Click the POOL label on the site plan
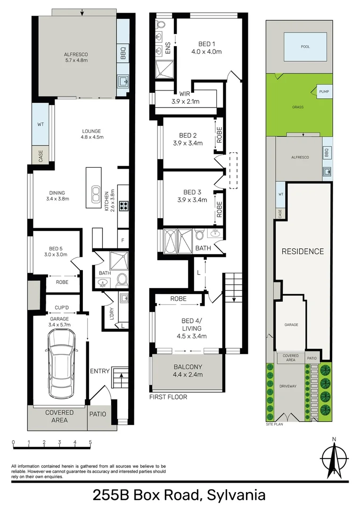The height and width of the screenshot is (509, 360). coord(305,47)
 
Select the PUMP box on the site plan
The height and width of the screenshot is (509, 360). coord(324,91)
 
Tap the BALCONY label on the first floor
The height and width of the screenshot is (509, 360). coord(188,370)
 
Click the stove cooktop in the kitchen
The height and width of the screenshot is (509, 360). coord(123,205)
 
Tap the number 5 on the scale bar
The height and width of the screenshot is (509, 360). coord(90,443)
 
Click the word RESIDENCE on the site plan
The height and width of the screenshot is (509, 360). coord(303,251)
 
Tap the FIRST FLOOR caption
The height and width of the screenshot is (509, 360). coord(168,397)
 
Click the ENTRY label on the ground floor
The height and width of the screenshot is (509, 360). coord(100,371)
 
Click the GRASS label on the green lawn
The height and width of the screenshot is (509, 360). coord(297,107)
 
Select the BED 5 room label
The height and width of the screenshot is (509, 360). coord(56,251)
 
